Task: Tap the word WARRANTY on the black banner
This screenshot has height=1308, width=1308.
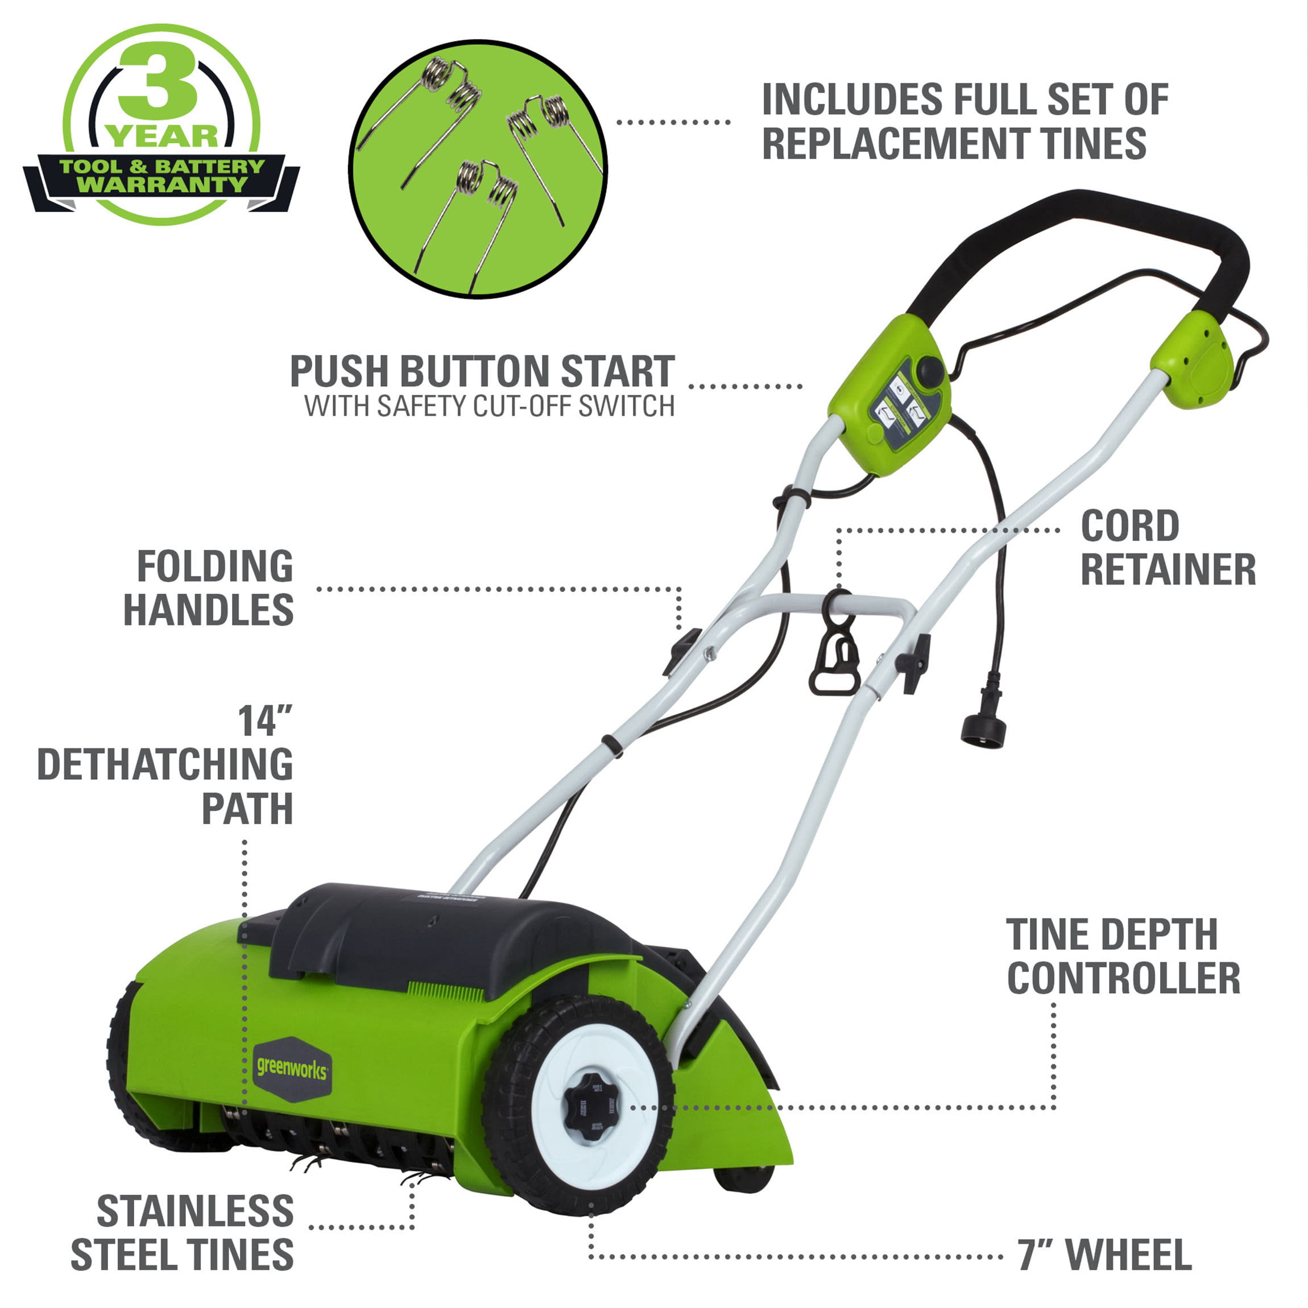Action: click(x=162, y=185)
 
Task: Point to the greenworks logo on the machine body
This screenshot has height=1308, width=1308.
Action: click(x=292, y=1069)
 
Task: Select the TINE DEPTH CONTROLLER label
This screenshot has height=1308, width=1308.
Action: click(x=1123, y=956)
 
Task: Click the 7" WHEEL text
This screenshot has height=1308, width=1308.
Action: click(x=1105, y=1255)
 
